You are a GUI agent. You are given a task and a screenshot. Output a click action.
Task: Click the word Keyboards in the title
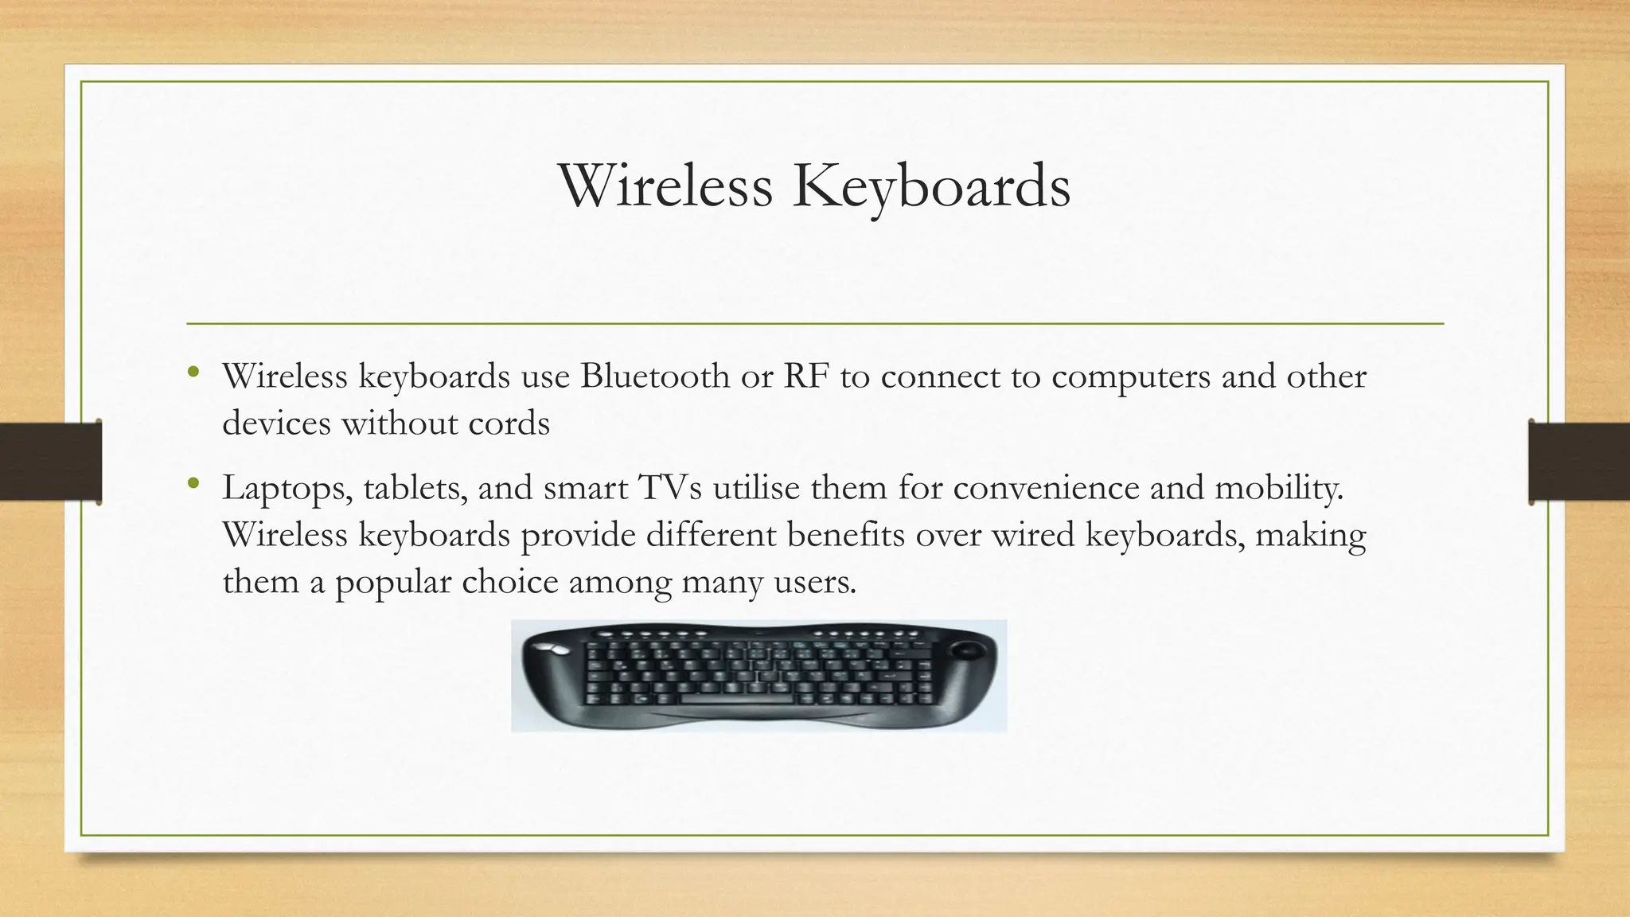931,187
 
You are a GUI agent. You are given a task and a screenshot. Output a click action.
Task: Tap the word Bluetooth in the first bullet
654,376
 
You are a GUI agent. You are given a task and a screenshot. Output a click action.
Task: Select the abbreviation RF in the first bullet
805,376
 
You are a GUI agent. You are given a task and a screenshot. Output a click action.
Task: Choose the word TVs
669,487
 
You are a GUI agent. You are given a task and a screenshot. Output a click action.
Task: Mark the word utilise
756,487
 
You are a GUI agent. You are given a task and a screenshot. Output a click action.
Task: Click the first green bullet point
193,372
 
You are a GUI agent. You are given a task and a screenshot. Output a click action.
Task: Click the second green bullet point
193,483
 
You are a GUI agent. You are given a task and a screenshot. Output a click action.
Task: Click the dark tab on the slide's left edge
51,462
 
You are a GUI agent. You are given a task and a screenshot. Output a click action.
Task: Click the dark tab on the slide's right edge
1578,462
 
